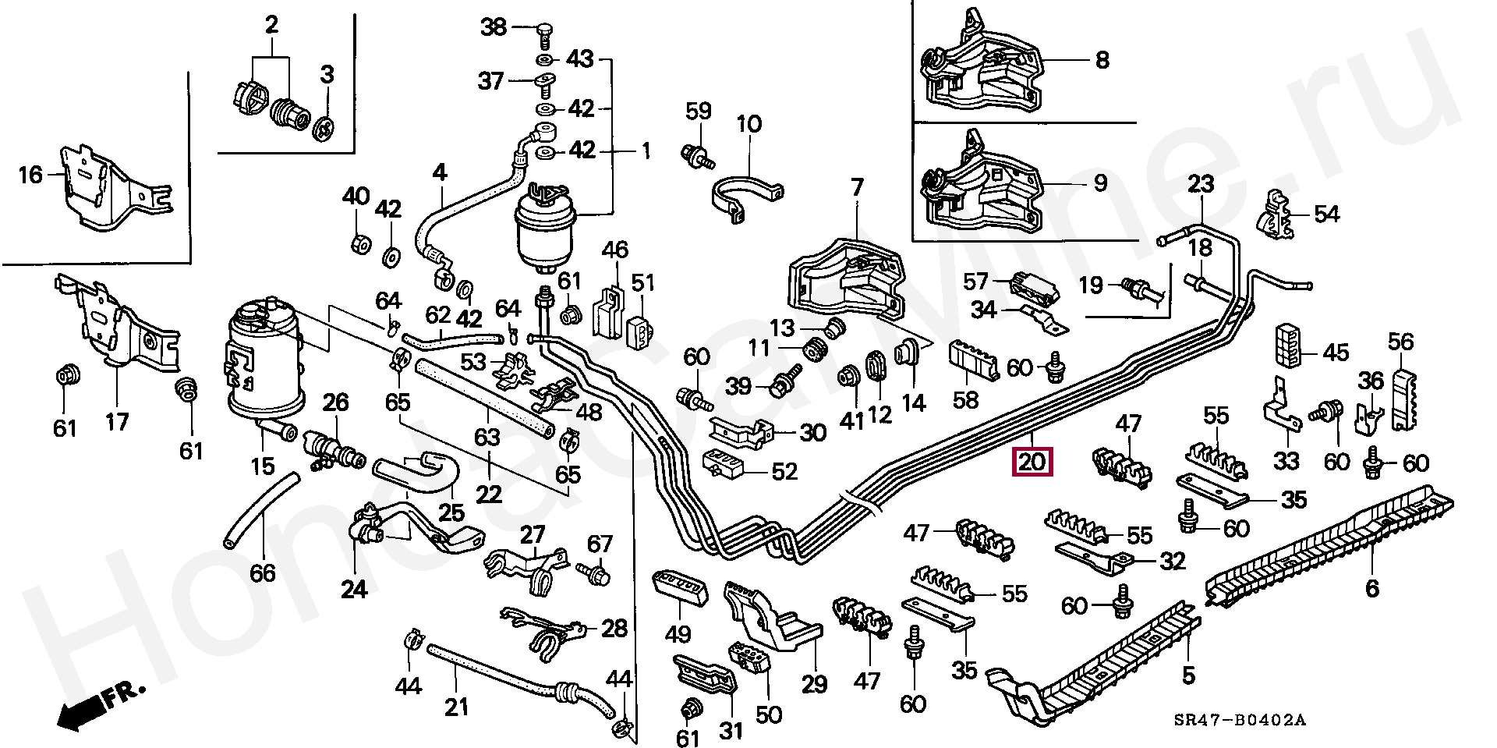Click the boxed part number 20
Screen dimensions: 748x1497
click(x=1032, y=462)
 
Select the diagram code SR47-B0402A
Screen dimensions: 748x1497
click(x=1240, y=720)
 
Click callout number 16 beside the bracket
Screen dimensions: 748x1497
click(x=30, y=174)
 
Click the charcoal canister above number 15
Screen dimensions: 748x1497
click(x=264, y=359)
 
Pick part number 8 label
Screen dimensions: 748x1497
click(x=1102, y=60)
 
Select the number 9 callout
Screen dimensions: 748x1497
click(x=1100, y=183)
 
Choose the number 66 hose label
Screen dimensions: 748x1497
click(x=263, y=573)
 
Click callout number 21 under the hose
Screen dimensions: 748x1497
click(x=457, y=707)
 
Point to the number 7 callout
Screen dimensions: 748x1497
click(x=858, y=187)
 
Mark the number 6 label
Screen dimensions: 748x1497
click(x=1372, y=589)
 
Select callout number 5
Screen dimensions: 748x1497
click(x=1188, y=675)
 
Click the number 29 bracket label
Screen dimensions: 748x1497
click(x=815, y=684)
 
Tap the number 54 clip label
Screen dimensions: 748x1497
click(x=1326, y=214)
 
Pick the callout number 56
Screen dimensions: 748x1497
click(x=1401, y=341)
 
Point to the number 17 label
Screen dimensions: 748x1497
click(x=117, y=422)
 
